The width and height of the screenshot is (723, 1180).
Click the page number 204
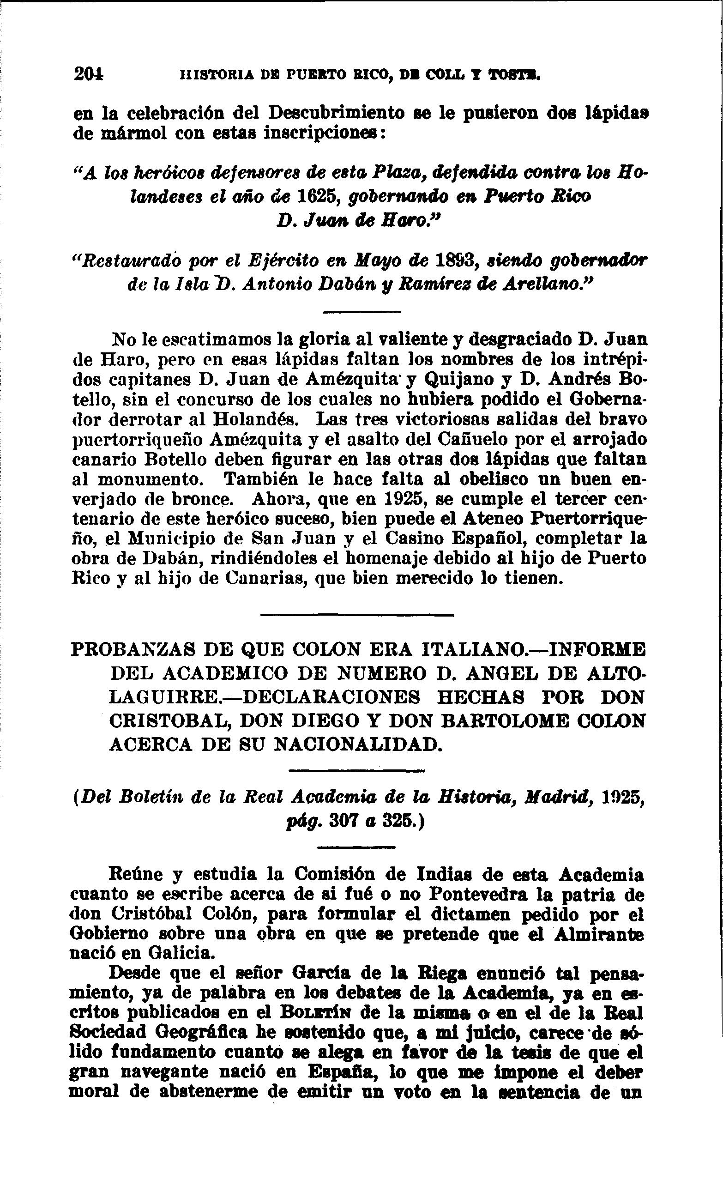89,74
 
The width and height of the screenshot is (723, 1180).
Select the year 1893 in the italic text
455,260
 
